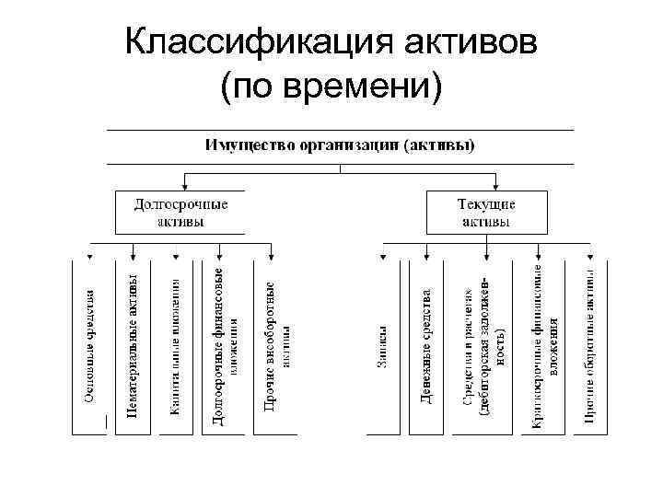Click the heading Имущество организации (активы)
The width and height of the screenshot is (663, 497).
[x=340, y=144]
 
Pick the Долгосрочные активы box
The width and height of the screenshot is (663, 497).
[x=181, y=212]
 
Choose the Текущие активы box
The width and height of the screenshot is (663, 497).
[x=485, y=212]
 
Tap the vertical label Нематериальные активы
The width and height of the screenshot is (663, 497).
[x=134, y=345]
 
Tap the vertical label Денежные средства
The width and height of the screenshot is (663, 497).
[x=426, y=345]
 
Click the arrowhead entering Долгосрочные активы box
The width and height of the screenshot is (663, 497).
[x=188, y=186]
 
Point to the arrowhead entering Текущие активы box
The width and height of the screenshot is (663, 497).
[x=487, y=186]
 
